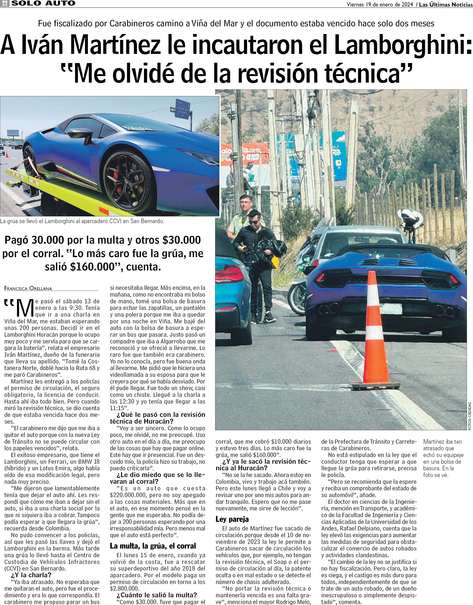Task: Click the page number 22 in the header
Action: click(5, 4)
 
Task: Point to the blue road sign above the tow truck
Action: click(183, 109)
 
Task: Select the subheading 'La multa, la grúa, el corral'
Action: click(153, 546)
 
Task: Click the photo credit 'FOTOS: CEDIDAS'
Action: click(469, 416)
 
